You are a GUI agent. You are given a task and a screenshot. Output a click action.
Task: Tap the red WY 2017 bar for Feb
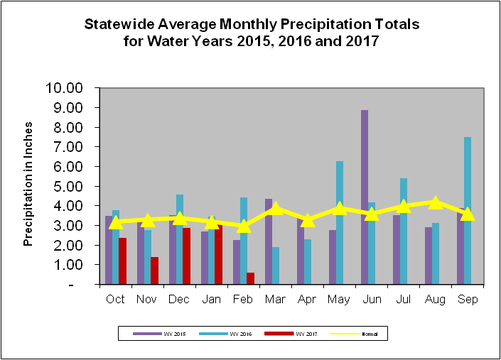pyautogui.click(x=251, y=278)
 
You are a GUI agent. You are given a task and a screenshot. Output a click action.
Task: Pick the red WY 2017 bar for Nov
pyautogui.click(x=154, y=271)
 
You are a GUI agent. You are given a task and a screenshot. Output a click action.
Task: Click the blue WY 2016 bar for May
pyautogui.click(x=340, y=223)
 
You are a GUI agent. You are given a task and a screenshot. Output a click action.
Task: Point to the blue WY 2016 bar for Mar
pyautogui.click(x=275, y=266)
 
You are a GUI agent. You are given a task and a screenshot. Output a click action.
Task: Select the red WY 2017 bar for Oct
pyautogui.click(x=122, y=261)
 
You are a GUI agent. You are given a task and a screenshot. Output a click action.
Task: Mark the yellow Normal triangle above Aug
pyautogui.click(x=436, y=202)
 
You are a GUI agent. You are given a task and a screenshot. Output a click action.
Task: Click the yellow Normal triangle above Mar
pyautogui.click(x=276, y=208)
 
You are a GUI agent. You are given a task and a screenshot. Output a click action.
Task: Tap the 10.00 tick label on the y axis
pyautogui.click(x=65, y=88)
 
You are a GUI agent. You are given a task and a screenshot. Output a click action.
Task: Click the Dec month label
pyautogui.click(x=179, y=300)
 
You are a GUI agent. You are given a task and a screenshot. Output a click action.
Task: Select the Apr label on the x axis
pyautogui.click(x=307, y=300)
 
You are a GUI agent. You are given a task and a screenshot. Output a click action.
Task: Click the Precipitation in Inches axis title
pyautogui.click(x=29, y=186)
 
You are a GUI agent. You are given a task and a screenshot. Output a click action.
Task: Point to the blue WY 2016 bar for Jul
pyautogui.click(x=404, y=231)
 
